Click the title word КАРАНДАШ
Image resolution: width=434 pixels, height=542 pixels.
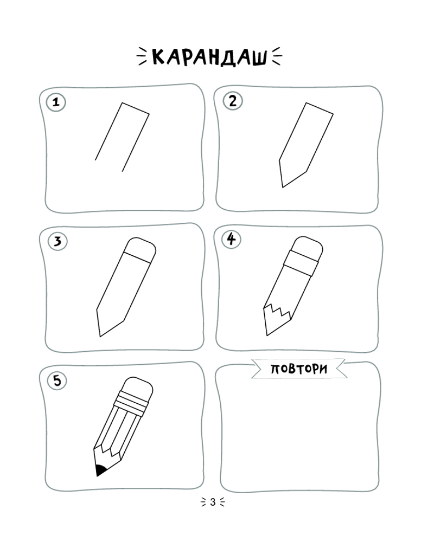[210, 57]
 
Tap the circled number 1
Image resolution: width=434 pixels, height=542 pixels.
[56, 102]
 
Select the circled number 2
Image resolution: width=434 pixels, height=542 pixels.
[233, 101]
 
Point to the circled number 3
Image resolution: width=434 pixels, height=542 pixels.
[58, 241]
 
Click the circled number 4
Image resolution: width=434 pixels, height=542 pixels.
[231, 239]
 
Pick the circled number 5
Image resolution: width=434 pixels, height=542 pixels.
[57, 380]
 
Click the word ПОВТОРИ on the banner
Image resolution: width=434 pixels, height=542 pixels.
[299, 369]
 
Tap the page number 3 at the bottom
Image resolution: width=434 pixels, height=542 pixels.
[213, 502]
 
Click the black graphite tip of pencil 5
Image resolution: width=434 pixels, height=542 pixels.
[101, 471]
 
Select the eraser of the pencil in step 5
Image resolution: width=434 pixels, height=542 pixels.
[138, 388]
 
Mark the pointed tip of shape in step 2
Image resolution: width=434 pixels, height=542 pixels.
[283, 188]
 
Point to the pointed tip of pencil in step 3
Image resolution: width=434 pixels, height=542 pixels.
[100, 337]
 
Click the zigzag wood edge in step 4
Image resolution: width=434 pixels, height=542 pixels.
[278, 312]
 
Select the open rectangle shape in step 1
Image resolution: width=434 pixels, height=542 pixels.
[122, 137]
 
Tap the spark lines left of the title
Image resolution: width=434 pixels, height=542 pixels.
[142, 56]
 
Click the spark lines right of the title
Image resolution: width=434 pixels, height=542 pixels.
[277, 56]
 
